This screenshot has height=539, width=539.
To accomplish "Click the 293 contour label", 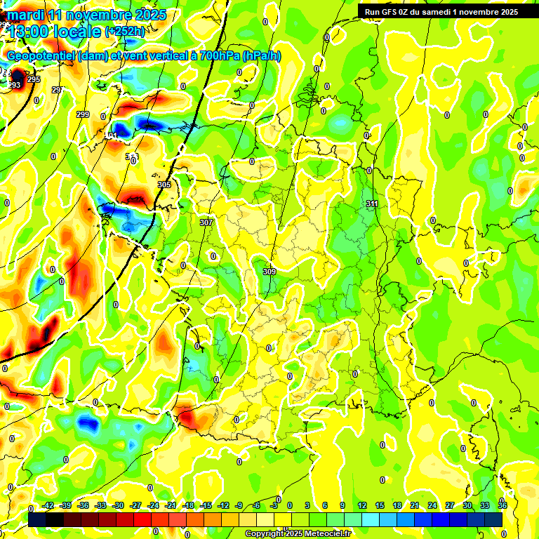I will (x=14, y=85).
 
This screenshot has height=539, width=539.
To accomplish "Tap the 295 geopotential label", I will (x=34, y=79).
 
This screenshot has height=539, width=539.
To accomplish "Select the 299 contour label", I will (x=83, y=114).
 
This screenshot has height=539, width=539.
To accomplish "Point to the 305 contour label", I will (x=164, y=185).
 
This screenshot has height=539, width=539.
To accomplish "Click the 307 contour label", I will (x=206, y=222).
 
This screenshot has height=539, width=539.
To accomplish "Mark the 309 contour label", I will (x=269, y=272).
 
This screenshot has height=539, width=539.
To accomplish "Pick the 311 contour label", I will (x=372, y=204).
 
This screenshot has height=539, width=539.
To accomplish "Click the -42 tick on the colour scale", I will (x=48, y=506).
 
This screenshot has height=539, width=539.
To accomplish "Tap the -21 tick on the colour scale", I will (x=171, y=506).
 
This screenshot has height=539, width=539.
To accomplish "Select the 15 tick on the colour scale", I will (x=380, y=506).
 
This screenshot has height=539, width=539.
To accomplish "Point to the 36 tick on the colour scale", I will (x=503, y=506).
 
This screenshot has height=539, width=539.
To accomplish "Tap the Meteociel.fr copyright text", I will (x=325, y=534).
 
